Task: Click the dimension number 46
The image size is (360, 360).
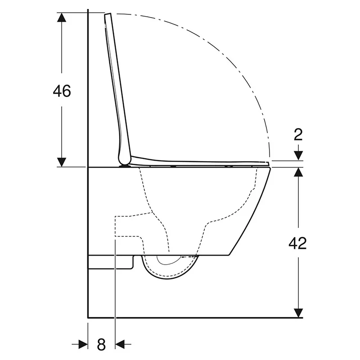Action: click(x=62, y=91)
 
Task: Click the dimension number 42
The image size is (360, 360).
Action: click(x=297, y=243)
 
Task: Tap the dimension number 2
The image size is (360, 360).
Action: click(x=298, y=135)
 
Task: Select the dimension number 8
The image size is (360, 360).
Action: click(x=101, y=344)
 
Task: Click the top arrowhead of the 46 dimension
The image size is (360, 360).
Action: click(x=62, y=17)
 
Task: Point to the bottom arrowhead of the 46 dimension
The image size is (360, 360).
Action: click(x=62, y=162)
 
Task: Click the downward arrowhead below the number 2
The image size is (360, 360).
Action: click(x=298, y=156)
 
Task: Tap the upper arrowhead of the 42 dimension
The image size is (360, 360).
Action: click(x=298, y=172)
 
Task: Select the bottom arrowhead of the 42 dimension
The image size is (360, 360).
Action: click(x=298, y=313)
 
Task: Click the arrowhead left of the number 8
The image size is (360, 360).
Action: click(x=83, y=344)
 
